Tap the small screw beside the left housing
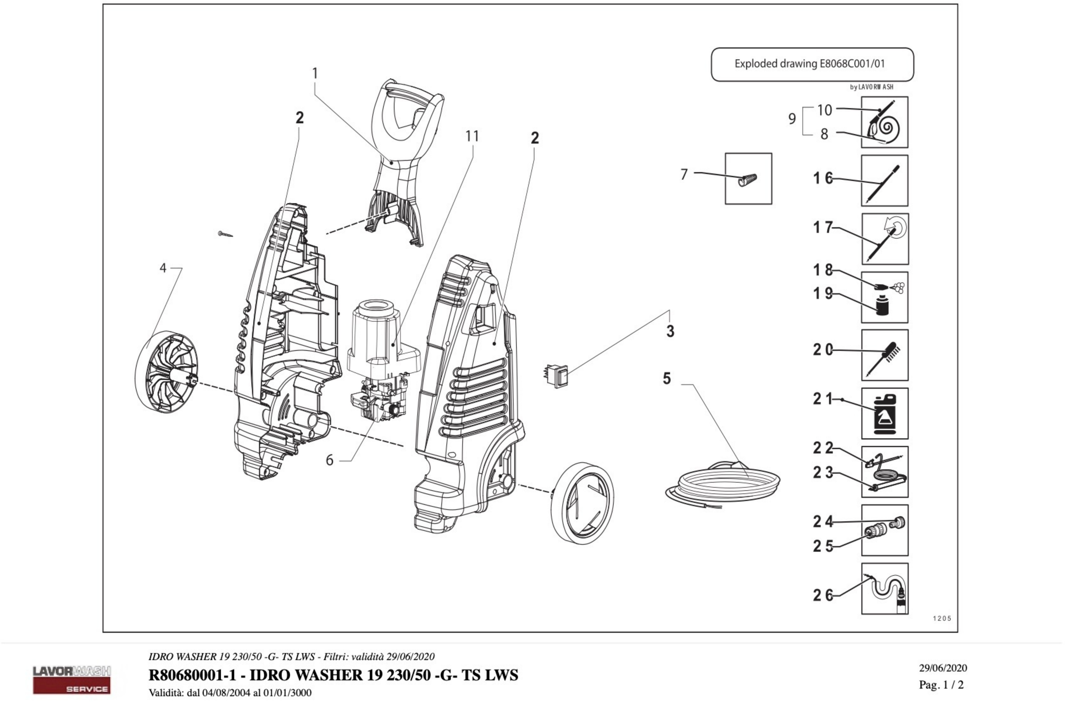(x=225, y=234)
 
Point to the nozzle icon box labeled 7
(x=748, y=179)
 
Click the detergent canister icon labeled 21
(x=885, y=413)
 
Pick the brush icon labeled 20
(x=885, y=355)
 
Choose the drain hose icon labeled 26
(x=885, y=588)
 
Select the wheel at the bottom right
(x=582, y=503)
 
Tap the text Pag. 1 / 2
(x=941, y=685)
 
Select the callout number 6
(x=329, y=460)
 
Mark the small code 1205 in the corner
(x=942, y=618)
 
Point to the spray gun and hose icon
(x=885, y=122)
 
